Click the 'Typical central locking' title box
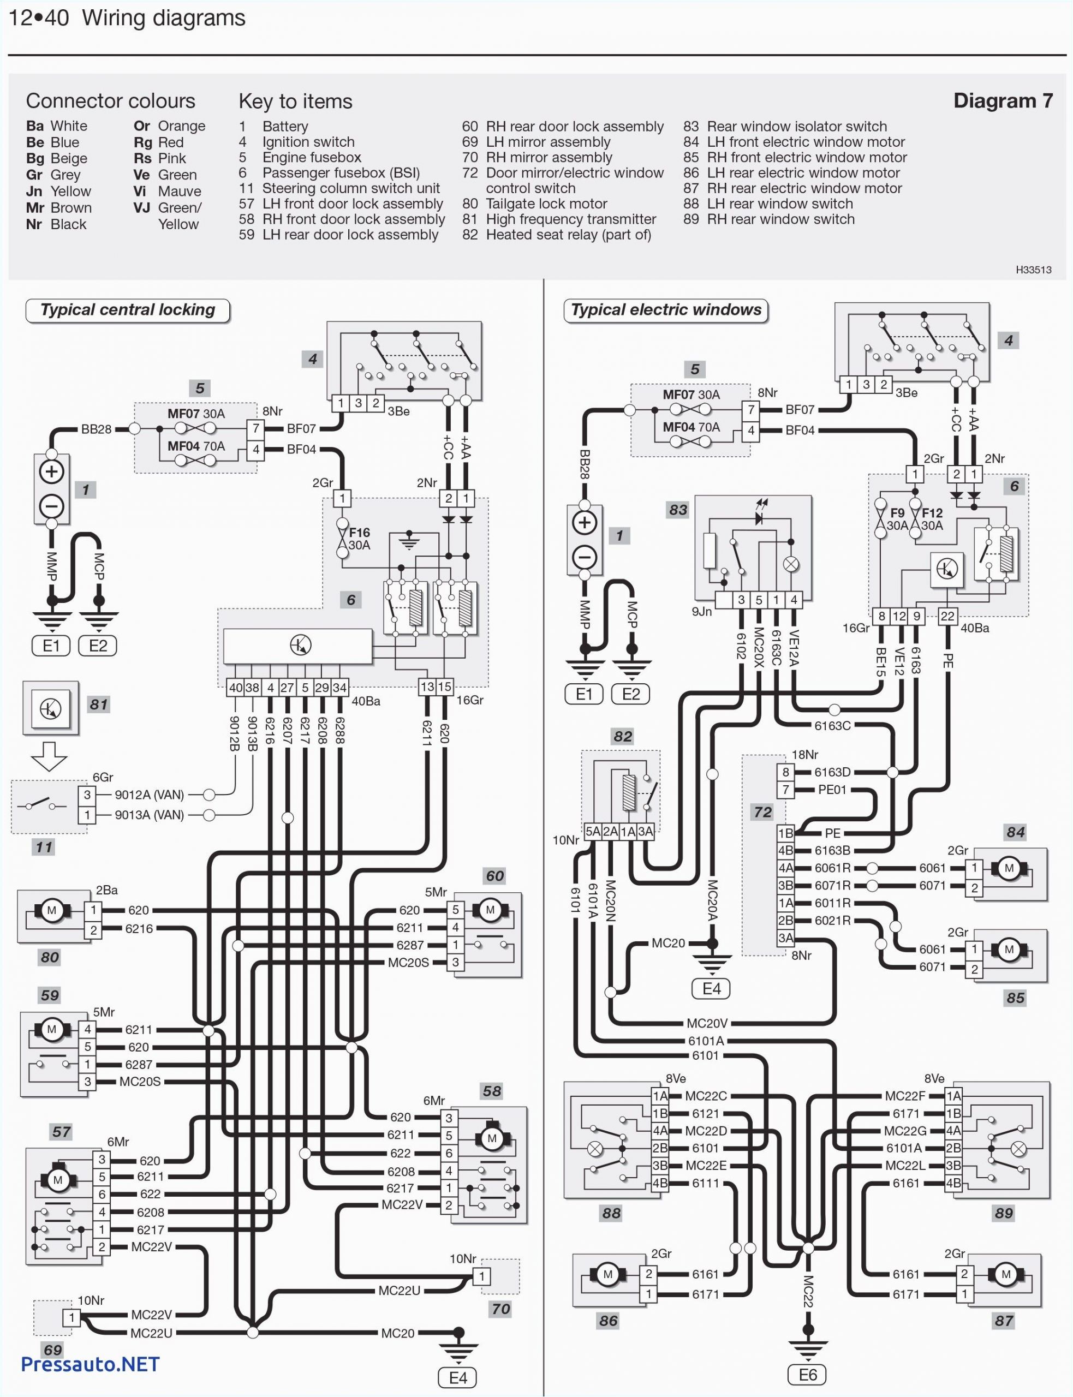point(128,311)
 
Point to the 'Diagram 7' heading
point(1002,101)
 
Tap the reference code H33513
point(1033,270)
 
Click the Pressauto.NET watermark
point(90,1364)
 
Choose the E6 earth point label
point(807,1375)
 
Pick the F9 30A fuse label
point(897,519)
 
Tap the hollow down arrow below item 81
point(49,756)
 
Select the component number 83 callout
point(678,510)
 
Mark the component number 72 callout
point(762,811)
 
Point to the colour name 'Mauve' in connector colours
point(180,192)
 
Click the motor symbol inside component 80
point(52,910)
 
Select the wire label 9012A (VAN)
point(149,795)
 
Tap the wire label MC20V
point(707,1022)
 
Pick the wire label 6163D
point(832,772)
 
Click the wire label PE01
point(832,790)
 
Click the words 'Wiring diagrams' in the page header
point(164,18)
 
